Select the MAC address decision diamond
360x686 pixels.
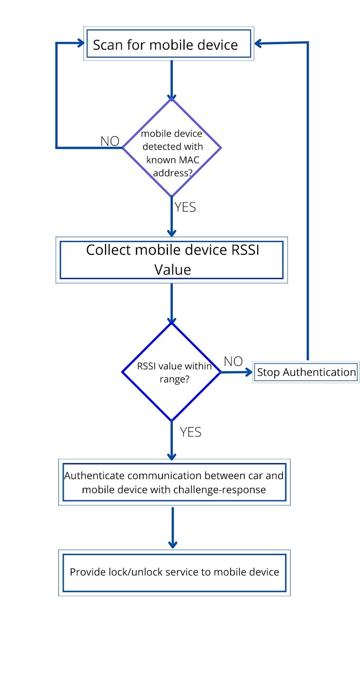(x=171, y=148)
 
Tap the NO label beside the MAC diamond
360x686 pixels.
(x=110, y=141)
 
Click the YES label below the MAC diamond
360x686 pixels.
(x=185, y=207)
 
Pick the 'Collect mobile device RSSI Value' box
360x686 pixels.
(x=171, y=260)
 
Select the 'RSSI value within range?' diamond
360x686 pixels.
(x=171, y=372)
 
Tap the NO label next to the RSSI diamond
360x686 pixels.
(x=233, y=361)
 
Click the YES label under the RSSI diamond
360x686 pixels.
(x=190, y=432)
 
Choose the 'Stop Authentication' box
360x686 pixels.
(x=306, y=372)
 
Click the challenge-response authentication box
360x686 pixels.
(x=174, y=482)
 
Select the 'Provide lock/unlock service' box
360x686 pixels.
(x=174, y=572)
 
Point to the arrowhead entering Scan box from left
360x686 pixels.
(x=80, y=42)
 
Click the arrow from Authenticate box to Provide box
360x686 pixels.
(x=172, y=527)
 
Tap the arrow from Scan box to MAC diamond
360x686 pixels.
(x=171, y=79)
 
